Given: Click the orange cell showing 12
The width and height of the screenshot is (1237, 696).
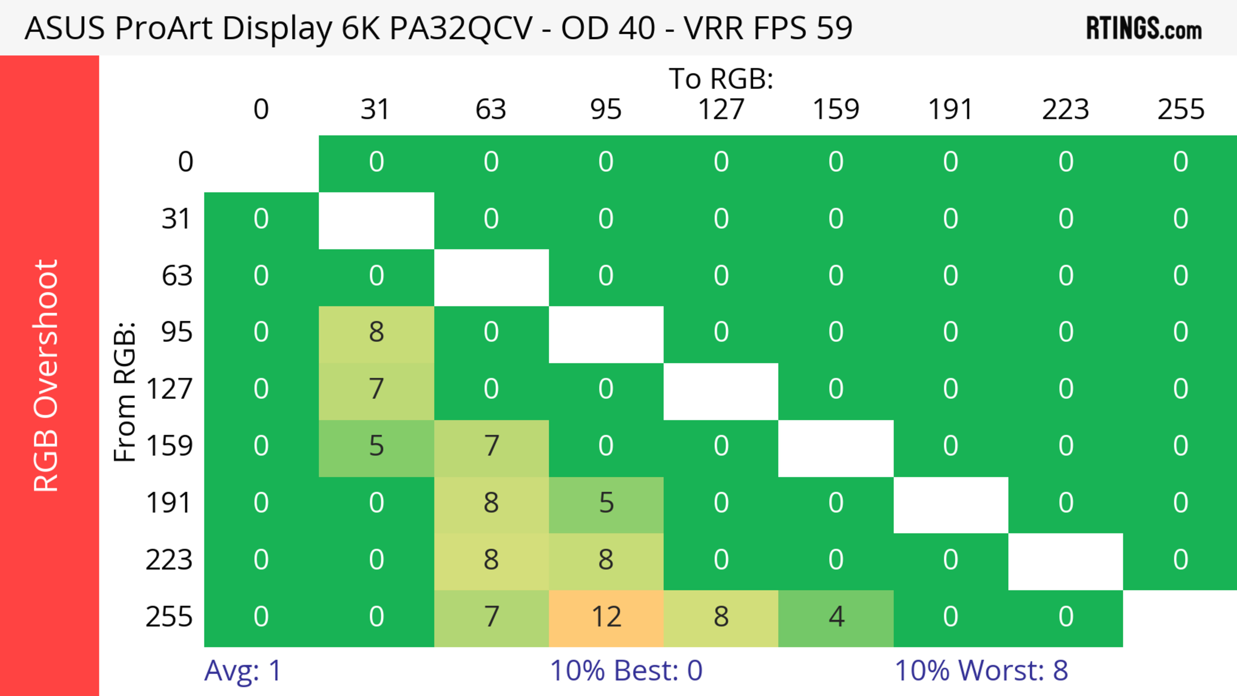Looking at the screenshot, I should tap(606, 617).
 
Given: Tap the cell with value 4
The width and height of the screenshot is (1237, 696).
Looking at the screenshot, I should tap(836, 617).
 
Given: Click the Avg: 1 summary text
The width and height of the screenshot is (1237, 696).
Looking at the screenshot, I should tap(243, 671).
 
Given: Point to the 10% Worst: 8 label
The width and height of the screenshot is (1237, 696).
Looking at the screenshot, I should tap(981, 671).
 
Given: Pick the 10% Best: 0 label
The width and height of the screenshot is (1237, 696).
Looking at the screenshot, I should tap(626, 671).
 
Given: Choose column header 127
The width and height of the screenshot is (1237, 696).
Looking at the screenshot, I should tap(721, 110).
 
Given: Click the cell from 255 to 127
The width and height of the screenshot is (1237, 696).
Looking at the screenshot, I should tap(721, 617).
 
